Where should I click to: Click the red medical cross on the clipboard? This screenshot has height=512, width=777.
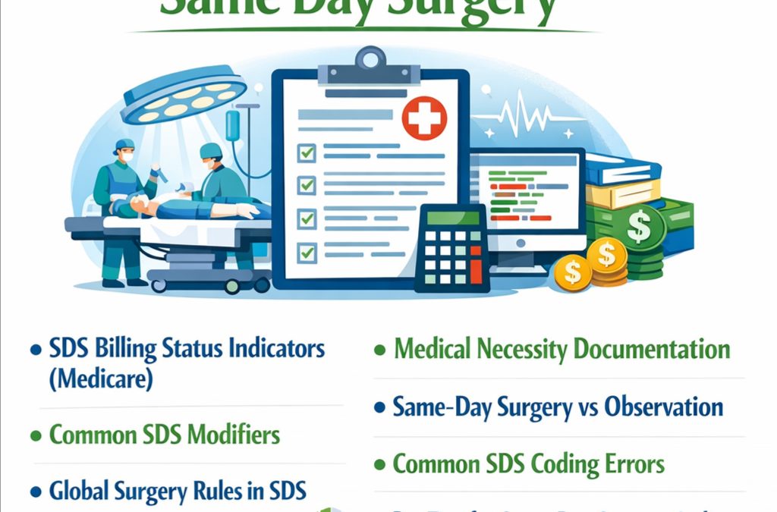tap(423, 120)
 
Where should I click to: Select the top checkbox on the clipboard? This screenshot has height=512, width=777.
tap(307, 153)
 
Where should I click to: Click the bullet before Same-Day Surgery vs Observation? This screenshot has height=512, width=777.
tap(380, 408)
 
